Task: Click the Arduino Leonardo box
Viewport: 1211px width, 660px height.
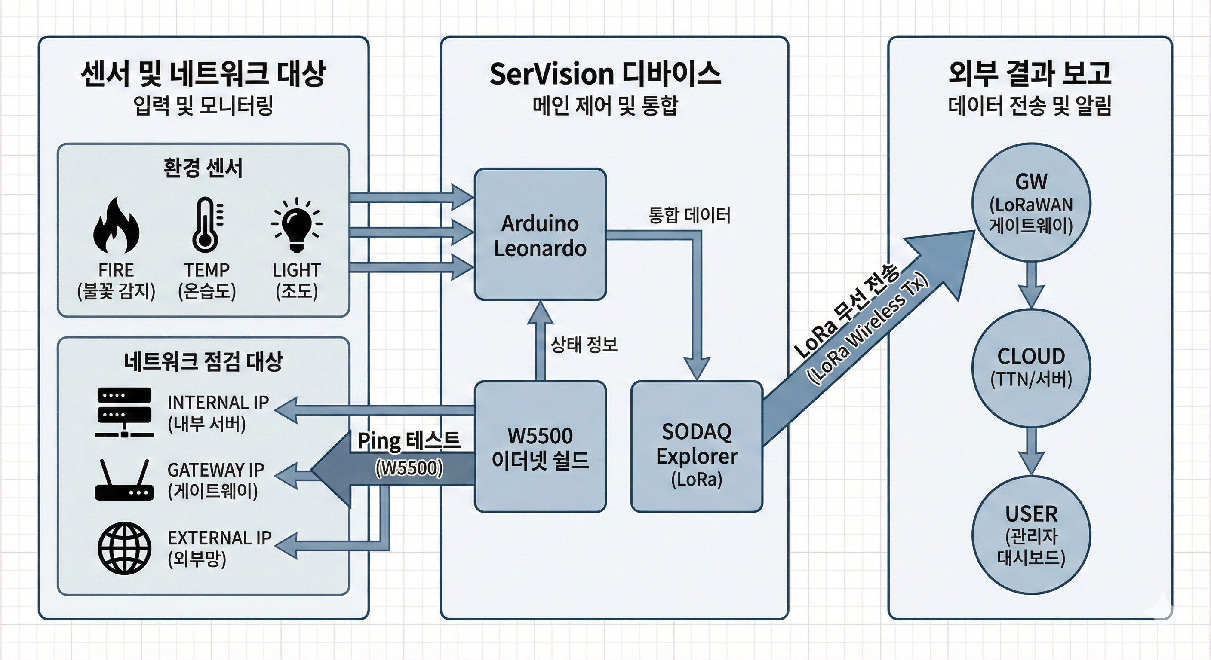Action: coord(540,235)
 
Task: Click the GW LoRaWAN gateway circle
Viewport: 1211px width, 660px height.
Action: coord(1031,203)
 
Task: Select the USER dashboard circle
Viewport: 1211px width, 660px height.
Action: coord(1031,535)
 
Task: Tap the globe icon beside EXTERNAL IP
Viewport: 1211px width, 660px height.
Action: coord(124,548)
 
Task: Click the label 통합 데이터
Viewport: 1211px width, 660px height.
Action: coord(689,216)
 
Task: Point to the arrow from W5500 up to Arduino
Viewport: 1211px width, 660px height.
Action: coord(540,341)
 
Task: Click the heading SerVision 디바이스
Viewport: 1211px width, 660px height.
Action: coord(605,74)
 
